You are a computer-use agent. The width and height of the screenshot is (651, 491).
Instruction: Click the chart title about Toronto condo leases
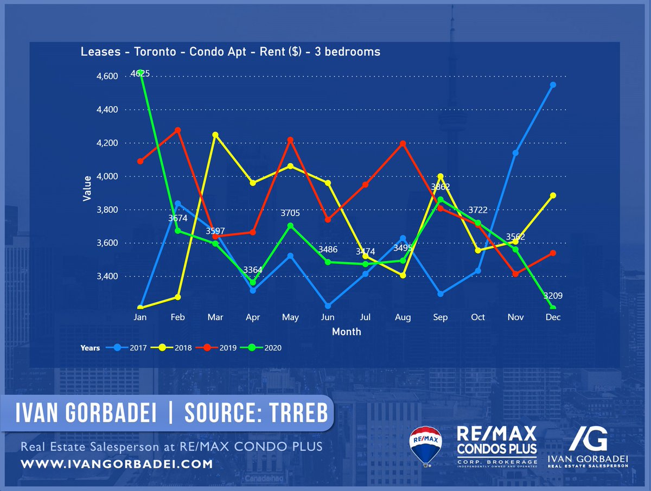pos(230,52)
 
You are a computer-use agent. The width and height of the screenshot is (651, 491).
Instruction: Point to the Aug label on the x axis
pos(403,317)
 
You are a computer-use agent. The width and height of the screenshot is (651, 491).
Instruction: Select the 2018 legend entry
pos(175,348)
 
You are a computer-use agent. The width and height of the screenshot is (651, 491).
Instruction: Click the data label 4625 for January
pos(140,73)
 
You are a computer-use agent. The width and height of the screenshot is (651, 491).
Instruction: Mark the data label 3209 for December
pos(553,296)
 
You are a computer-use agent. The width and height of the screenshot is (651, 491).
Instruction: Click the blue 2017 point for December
pos(553,85)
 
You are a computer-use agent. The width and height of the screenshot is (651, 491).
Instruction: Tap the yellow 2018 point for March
pos(215,135)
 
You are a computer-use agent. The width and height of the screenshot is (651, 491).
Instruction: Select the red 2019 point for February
pos(178,130)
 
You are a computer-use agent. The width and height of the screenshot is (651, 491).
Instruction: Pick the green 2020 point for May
pos(290,226)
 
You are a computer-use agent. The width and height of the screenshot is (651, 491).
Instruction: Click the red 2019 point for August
pos(403,143)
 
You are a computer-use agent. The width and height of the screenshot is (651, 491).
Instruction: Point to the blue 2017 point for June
pos(328,305)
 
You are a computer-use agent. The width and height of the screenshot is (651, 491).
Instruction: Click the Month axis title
pos(346,331)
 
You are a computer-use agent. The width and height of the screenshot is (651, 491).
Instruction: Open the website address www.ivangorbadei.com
pos(117,464)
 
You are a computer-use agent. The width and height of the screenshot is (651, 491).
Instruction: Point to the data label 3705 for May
pos(290,213)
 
